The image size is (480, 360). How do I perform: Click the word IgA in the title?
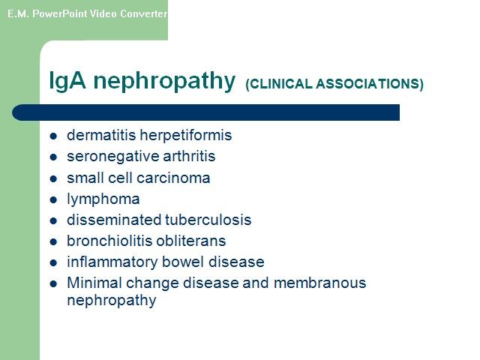[x=67, y=81]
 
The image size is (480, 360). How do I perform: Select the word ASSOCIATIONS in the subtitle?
[x=370, y=84]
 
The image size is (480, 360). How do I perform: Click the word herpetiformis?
[x=186, y=135]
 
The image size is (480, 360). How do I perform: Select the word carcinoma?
[x=173, y=178]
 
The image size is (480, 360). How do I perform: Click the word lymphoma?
[x=103, y=199]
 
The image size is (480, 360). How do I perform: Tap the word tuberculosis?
[x=208, y=220]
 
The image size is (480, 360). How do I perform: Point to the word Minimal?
[x=94, y=283]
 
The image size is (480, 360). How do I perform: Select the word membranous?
[x=320, y=283]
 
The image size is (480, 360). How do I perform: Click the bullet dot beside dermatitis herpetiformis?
[x=53, y=136]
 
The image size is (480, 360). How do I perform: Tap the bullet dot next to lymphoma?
[x=53, y=200]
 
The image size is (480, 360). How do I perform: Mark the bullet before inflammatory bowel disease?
[x=53, y=263]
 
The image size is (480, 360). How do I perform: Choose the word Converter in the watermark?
[x=143, y=13]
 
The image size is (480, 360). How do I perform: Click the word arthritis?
[x=189, y=156]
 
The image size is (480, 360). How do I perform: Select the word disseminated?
[x=114, y=220]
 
